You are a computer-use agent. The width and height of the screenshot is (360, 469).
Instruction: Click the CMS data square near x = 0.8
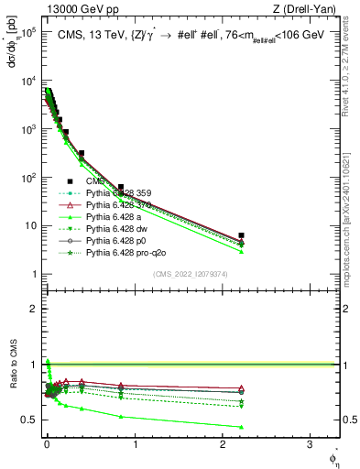point(120,187)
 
